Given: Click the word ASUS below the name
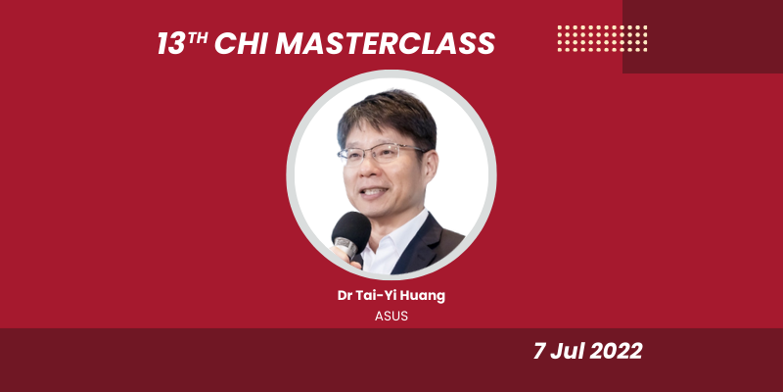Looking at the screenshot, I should (x=391, y=317).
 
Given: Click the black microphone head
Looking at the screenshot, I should (x=351, y=231).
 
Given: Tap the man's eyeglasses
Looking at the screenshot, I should (x=382, y=154).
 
